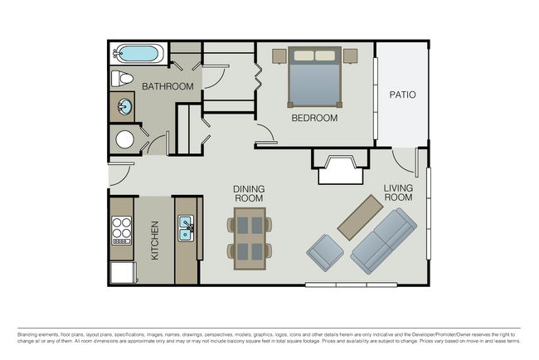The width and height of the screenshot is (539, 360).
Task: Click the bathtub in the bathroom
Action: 138,55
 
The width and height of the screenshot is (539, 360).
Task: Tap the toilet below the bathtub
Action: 122,79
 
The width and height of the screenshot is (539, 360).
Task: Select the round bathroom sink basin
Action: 124,107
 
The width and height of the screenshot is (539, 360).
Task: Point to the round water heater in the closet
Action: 124,139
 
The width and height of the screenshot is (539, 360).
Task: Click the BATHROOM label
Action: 168,86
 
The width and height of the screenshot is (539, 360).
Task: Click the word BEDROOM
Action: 314,119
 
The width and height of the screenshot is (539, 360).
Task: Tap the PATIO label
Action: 402,95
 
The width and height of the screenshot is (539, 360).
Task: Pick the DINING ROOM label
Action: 248,193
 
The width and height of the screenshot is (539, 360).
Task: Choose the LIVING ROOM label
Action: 398,193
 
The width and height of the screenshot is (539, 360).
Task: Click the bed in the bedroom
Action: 313,76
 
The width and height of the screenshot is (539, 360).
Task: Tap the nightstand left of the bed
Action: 279,56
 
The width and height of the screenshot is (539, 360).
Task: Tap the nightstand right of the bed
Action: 349,56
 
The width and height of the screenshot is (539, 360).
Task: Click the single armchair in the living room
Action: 324,252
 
